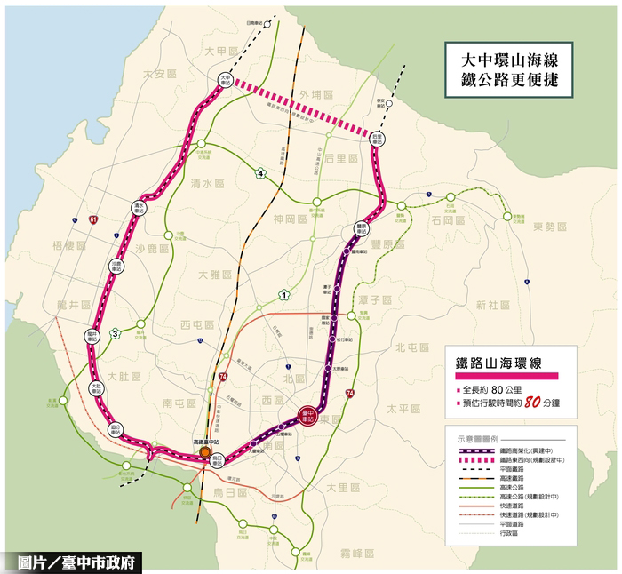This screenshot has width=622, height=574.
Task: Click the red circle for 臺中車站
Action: pyautogui.click(x=309, y=414)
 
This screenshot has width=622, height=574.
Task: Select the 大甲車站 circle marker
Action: pyautogui.click(x=227, y=79)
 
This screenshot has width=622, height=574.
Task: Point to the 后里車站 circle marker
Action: pyautogui.click(x=377, y=139)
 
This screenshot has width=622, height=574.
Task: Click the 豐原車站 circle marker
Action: pyautogui.click(x=361, y=227)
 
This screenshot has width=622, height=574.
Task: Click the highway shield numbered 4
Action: pyautogui.click(x=261, y=172)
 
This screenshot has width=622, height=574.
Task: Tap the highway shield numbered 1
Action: pyautogui.click(x=283, y=295)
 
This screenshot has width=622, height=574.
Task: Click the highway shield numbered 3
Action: pyautogui.click(x=115, y=333)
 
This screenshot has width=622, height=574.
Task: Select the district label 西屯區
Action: pyautogui.click(x=197, y=323)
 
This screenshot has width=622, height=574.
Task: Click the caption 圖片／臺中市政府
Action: pyautogui.click(x=81, y=562)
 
